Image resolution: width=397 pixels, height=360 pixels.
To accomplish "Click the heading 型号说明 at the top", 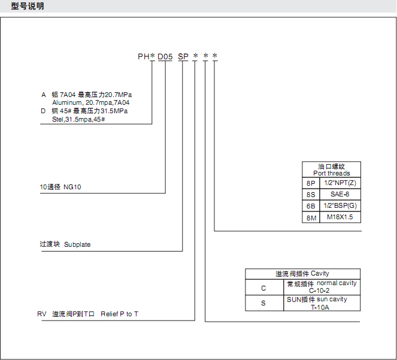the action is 28,6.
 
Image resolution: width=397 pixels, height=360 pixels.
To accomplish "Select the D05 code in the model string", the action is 165,56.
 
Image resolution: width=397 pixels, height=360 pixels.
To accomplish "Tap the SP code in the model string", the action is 183,56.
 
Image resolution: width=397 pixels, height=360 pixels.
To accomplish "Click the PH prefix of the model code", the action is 143,56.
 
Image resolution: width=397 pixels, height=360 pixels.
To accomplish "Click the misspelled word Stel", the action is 57,119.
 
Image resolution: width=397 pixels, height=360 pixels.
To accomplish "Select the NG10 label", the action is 72,187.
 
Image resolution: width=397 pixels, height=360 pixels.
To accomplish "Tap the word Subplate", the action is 77,244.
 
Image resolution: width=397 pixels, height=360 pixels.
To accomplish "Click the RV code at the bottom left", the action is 42,314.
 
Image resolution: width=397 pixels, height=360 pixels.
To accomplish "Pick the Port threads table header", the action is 331,173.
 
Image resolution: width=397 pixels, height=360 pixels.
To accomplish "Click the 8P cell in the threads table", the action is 311,183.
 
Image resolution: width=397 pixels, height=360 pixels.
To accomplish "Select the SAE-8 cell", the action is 340,194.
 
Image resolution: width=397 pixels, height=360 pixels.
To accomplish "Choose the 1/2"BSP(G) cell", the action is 340,205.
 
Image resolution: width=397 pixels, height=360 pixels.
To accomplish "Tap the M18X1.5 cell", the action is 340,217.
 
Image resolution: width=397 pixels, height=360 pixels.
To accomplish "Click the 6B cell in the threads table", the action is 311,206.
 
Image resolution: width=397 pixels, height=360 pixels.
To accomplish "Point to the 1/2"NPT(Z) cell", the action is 340,183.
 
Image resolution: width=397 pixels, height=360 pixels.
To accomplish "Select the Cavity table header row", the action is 302,274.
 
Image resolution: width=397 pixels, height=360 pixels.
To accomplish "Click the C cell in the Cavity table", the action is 263,288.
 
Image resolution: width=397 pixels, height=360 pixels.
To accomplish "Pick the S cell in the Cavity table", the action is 263,303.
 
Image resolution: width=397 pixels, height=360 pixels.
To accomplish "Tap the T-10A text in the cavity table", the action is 320,307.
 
